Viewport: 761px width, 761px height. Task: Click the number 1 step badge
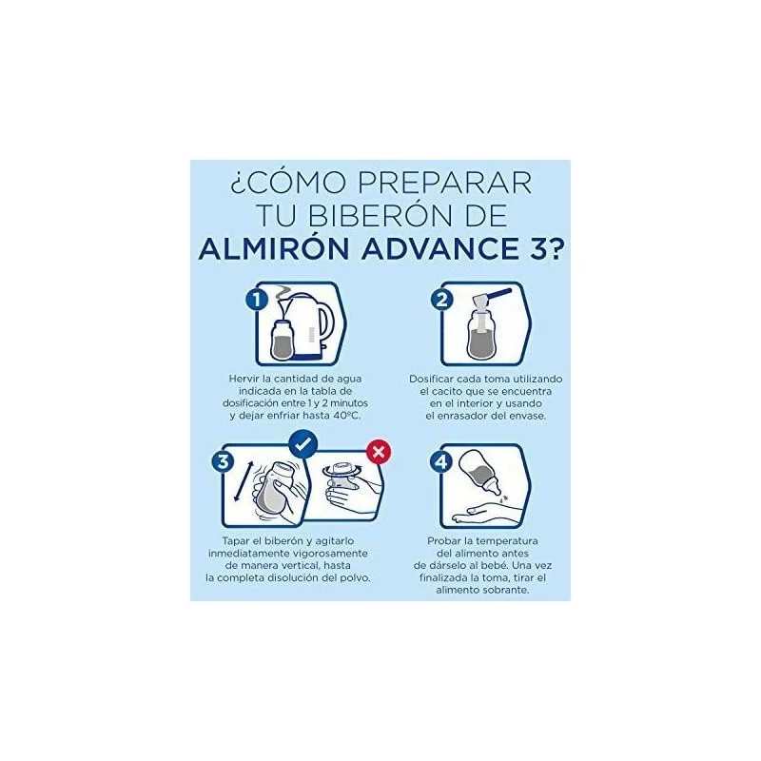pyautogui.click(x=257, y=299)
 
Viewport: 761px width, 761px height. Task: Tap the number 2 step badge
pyautogui.click(x=441, y=299)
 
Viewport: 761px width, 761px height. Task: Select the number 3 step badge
pyautogui.click(x=223, y=461)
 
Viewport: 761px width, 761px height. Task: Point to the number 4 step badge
pyautogui.click(x=440, y=461)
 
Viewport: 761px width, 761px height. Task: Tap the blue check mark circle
pyautogui.click(x=303, y=444)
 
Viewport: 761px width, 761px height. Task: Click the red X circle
pyautogui.click(x=379, y=453)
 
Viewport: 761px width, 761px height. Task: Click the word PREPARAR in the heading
pyautogui.click(x=444, y=183)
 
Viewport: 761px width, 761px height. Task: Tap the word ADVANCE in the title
pyautogui.click(x=440, y=248)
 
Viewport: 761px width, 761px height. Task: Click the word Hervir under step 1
pyautogui.click(x=243, y=379)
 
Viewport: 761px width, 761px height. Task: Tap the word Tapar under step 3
pyautogui.click(x=235, y=540)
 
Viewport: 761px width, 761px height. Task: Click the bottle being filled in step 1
pyautogui.click(x=282, y=340)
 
